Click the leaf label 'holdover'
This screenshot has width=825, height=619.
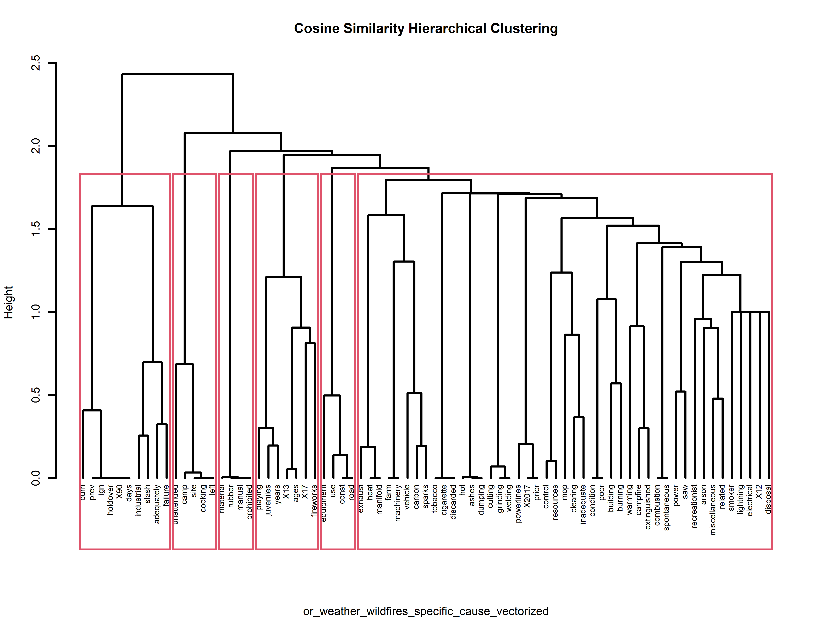[110, 500]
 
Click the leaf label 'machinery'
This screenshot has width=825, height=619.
[398, 503]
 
